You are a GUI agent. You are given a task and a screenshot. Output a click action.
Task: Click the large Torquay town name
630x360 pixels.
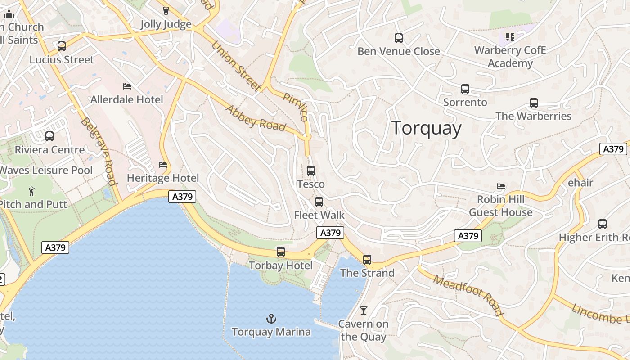point(426,128)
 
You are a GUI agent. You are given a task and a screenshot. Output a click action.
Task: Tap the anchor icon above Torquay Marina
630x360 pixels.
point(271,319)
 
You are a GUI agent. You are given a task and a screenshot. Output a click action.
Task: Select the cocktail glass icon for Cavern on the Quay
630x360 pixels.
point(363,310)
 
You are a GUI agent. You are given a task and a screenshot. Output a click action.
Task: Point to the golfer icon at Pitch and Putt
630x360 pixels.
point(31,191)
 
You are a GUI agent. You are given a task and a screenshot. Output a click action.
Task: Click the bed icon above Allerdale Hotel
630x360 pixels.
point(127,86)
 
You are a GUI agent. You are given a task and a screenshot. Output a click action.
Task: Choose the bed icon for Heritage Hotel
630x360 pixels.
point(163,165)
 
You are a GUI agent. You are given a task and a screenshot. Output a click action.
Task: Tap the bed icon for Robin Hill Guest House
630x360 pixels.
point(500,186)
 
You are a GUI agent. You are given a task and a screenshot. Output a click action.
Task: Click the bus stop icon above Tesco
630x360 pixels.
point(310,171)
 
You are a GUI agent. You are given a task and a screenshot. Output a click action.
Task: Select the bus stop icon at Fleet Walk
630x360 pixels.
point(319,202)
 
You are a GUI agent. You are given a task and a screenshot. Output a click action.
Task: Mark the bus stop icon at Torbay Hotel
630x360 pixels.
point(281,252)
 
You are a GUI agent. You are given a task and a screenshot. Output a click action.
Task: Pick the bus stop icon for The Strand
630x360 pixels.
point(367,260)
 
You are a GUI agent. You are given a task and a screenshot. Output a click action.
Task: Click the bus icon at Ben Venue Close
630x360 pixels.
point(398,38)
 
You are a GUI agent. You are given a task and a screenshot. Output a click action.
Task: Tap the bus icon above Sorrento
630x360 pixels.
point(465,89)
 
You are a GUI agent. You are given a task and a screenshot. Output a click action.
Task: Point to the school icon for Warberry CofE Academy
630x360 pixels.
point(510,36)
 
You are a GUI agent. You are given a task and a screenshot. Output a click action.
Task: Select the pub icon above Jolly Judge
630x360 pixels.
point(166,11)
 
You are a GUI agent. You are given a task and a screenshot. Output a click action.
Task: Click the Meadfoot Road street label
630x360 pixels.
point(468,295)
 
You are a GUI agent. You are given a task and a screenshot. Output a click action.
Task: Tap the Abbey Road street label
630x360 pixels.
point(256,118)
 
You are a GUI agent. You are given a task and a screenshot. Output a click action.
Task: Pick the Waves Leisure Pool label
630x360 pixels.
point(46,170)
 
